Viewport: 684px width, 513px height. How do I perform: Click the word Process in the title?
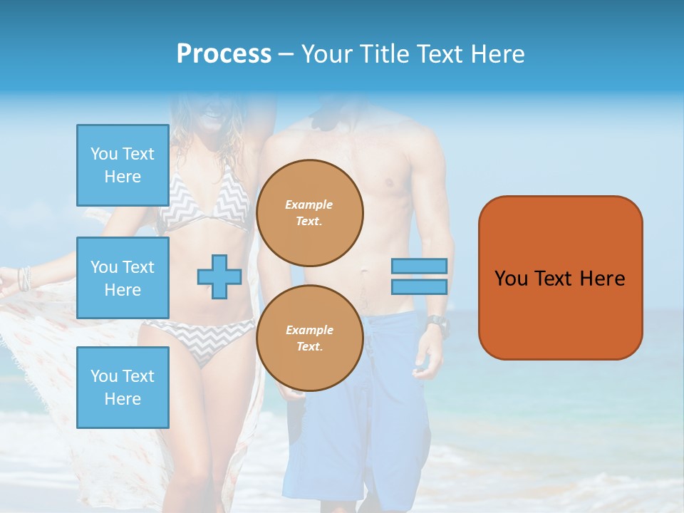click(x=224, y=54)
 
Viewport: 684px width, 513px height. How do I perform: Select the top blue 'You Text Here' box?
click(x=123, y=165)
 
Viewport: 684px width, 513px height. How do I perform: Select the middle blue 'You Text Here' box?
click(x=123, y=278)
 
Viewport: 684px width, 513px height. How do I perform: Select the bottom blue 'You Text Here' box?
click(x=123, y=387)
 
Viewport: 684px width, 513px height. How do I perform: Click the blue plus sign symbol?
click(x=219, y=276)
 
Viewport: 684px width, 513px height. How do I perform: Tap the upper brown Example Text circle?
click(x=310, y=213)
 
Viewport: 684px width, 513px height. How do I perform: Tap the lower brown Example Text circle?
click(x=310, y=338)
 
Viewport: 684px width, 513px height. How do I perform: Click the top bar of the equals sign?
click(x=419, y=266)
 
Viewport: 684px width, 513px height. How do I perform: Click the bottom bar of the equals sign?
click(x=419, y=286)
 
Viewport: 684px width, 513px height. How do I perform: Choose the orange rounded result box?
click(x=560, y=278)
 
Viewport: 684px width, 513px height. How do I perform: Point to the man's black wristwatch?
click(x=437, y=325)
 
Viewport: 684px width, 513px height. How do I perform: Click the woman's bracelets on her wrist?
click(x=26, y=278)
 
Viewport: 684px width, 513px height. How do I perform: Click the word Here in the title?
click(x=497, y=54)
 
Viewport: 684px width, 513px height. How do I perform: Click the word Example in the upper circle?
click(x=309, y=204)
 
